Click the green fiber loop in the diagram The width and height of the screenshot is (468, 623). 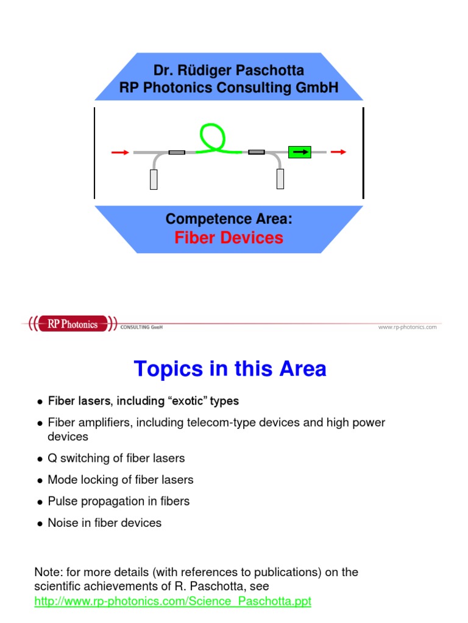point(210,136)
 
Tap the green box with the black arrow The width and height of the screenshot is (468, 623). point(299,151)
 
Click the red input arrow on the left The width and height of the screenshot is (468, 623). point(120,152)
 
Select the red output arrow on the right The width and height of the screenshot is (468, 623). point(338,152)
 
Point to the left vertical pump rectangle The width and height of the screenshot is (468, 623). point(154,179)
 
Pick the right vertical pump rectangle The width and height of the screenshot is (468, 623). point(280,179)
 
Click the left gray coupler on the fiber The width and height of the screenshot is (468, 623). point(176,152)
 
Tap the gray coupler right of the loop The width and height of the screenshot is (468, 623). point(257,152)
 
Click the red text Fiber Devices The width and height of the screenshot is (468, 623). point(229,238)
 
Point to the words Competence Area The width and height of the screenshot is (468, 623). point(229,219)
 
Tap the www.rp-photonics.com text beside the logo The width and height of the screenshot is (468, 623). point(407,327)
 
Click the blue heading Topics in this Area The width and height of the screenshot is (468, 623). point(230,369)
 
